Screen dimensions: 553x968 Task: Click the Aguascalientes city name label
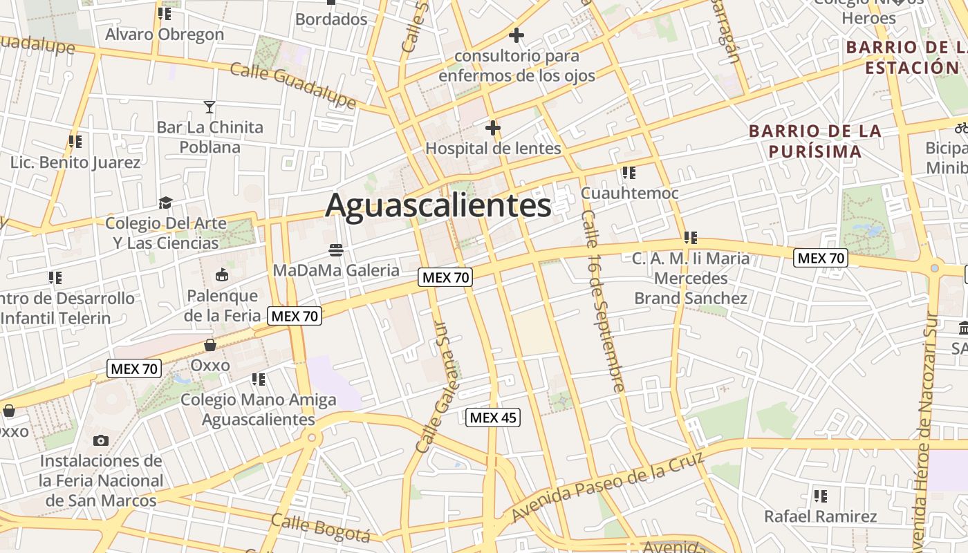[438, 205]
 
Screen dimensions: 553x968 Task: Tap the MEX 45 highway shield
[492, 418]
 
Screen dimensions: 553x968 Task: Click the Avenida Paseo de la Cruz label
[608, 486]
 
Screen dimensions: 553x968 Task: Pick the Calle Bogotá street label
[320, 528]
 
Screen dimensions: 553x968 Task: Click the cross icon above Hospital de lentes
[492, 128]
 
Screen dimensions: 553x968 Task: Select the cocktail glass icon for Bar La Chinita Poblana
[210, 107]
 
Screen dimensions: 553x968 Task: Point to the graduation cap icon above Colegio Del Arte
[165, 203]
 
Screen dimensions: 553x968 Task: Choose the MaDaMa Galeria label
[336, 270]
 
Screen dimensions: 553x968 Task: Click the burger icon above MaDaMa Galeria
[336, 250]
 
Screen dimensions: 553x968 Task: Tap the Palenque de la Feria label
[223, 306]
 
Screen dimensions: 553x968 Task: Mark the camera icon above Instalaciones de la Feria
[100, 440]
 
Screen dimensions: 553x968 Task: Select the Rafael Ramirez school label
[820, 516]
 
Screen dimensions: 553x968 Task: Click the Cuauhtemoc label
[629, 194]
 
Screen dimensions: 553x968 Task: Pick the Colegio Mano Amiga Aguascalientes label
[259, 409]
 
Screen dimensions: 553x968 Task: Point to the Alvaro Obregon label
[165, 34]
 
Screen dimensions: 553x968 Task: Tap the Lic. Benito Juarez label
[75, 162]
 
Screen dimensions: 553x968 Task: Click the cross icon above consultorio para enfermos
[516, 35]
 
